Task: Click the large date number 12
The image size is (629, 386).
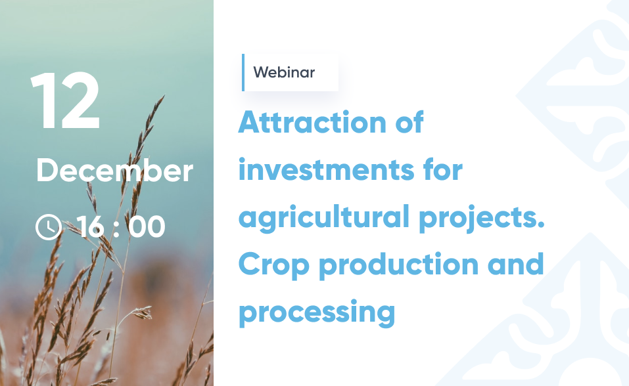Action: [x=64, y=100]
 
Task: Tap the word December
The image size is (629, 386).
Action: [x=115, y=171]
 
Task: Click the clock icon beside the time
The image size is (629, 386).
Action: [x=49, y=227]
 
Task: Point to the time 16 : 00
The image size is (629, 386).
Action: [x=120, y=227]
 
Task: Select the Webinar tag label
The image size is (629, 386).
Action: [x=284, y=73]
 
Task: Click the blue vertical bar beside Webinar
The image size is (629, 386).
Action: [x=243, y=73]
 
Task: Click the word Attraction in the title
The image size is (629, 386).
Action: [x=312, y=122]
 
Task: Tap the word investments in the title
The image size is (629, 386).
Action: [x=327, y=170]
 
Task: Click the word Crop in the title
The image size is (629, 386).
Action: [x=274, y=265]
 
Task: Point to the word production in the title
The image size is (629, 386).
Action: [x=399, y=265]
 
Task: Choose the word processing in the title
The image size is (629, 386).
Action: [x=317, y=312]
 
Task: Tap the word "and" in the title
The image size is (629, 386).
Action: [x=515, y=264]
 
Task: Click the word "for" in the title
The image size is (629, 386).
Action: [x=443, y=169]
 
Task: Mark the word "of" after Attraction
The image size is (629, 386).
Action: [x=409, y=122]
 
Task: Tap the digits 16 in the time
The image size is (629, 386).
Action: [x=91, y=227]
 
